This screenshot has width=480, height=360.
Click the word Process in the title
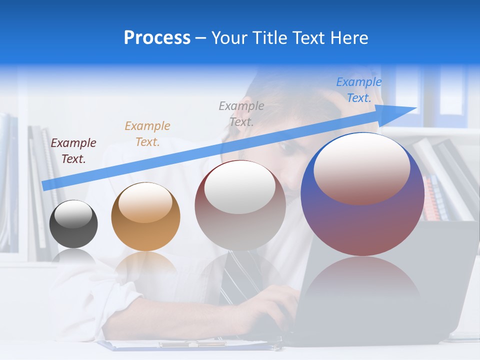click(157, 38)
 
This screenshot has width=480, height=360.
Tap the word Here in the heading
click(348, 38)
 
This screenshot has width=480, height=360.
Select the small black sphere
click(73, 224)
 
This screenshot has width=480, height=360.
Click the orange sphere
click(145, 216)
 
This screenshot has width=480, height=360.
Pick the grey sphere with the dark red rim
click(240, 205)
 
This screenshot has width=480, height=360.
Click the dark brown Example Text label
click(73, 151)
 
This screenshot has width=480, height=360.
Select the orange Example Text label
click(147, 133)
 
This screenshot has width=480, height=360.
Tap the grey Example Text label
click(241, 113)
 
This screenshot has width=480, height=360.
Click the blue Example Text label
click(359, 90)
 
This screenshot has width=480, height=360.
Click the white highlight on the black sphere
click(73, 214)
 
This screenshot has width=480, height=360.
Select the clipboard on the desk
click(190, 345)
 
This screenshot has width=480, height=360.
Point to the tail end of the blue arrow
click(46, 185)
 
